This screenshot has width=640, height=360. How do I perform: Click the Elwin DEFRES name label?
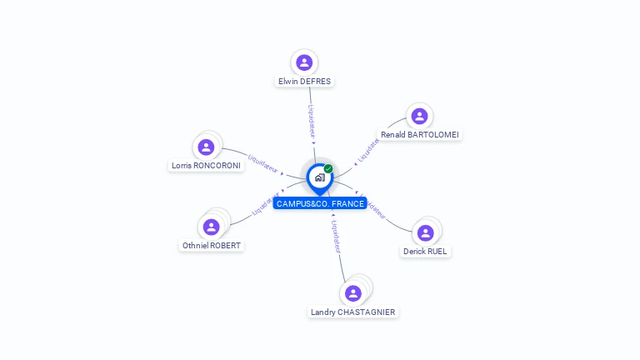pyautogui.click(x=304, y=82)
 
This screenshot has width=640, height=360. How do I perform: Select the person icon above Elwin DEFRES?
pyautogui.click(x=304, y=62)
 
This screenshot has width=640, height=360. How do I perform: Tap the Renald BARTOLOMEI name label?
pyautogui.click(x=420, y=135)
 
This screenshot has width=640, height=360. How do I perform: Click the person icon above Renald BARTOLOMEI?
pyautogui.click(x=419, y=116)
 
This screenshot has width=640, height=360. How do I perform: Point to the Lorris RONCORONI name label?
pyautogui.click(x=206, y=166)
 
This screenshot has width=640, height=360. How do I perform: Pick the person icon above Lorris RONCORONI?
pyautogui.click(x=206, y=147)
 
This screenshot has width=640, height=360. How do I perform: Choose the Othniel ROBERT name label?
pyautogui.click(x=212, y=246)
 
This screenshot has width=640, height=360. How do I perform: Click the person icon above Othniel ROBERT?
pyautogui.click(x=212, y=227)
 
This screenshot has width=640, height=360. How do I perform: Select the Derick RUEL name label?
pyautogui.click(x=426, y=252)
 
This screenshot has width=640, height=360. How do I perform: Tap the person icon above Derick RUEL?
pyautogui.click(x=426, y=232)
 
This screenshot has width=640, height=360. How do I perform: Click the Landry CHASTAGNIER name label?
pyautogui.click(x=353, y=312)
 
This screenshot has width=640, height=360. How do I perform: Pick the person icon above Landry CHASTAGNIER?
pyautogui.click(x=353, y=293)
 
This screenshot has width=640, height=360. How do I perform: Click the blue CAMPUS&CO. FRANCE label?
pyautogui.click(x=320, y=203)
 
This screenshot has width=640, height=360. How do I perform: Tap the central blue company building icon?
pyautogui.click(x=319, y=177)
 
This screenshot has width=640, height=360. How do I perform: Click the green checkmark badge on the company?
pyautogui.click(x=328, y=168)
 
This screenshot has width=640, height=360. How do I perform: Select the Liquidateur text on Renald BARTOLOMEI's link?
pyautogui.click(x=367, y=150)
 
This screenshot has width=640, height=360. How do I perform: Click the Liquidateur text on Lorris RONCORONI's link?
pyautogui.click(x=263, y=162)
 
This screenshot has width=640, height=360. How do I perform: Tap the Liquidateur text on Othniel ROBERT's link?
pyautogui.click(x=266, y=205)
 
